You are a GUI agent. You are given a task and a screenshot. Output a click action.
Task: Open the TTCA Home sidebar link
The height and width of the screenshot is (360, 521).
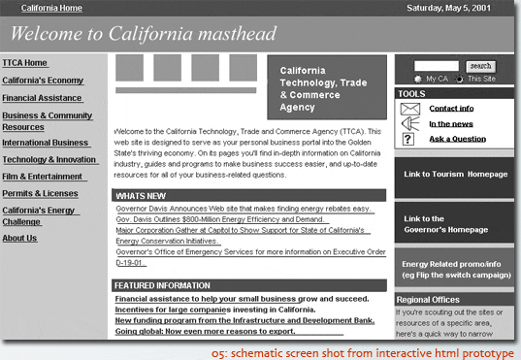[25, 63]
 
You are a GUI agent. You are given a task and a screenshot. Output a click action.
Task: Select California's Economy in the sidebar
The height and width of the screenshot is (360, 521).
[43, 81]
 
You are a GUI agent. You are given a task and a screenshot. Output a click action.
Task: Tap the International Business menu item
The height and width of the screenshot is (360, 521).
[46, 143]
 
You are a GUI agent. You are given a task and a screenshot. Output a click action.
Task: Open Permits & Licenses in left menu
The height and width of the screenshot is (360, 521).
[40, 193]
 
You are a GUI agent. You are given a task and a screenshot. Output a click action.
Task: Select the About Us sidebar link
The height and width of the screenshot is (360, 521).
[20, 238]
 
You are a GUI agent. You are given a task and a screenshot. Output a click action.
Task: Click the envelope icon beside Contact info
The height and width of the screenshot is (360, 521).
[409, 108]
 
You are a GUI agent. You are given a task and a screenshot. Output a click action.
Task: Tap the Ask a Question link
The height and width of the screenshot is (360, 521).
[458, 139]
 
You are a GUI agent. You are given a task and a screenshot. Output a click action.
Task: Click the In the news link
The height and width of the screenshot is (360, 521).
[451, 123]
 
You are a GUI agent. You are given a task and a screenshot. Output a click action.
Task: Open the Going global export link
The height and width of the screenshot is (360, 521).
[205, 331]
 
